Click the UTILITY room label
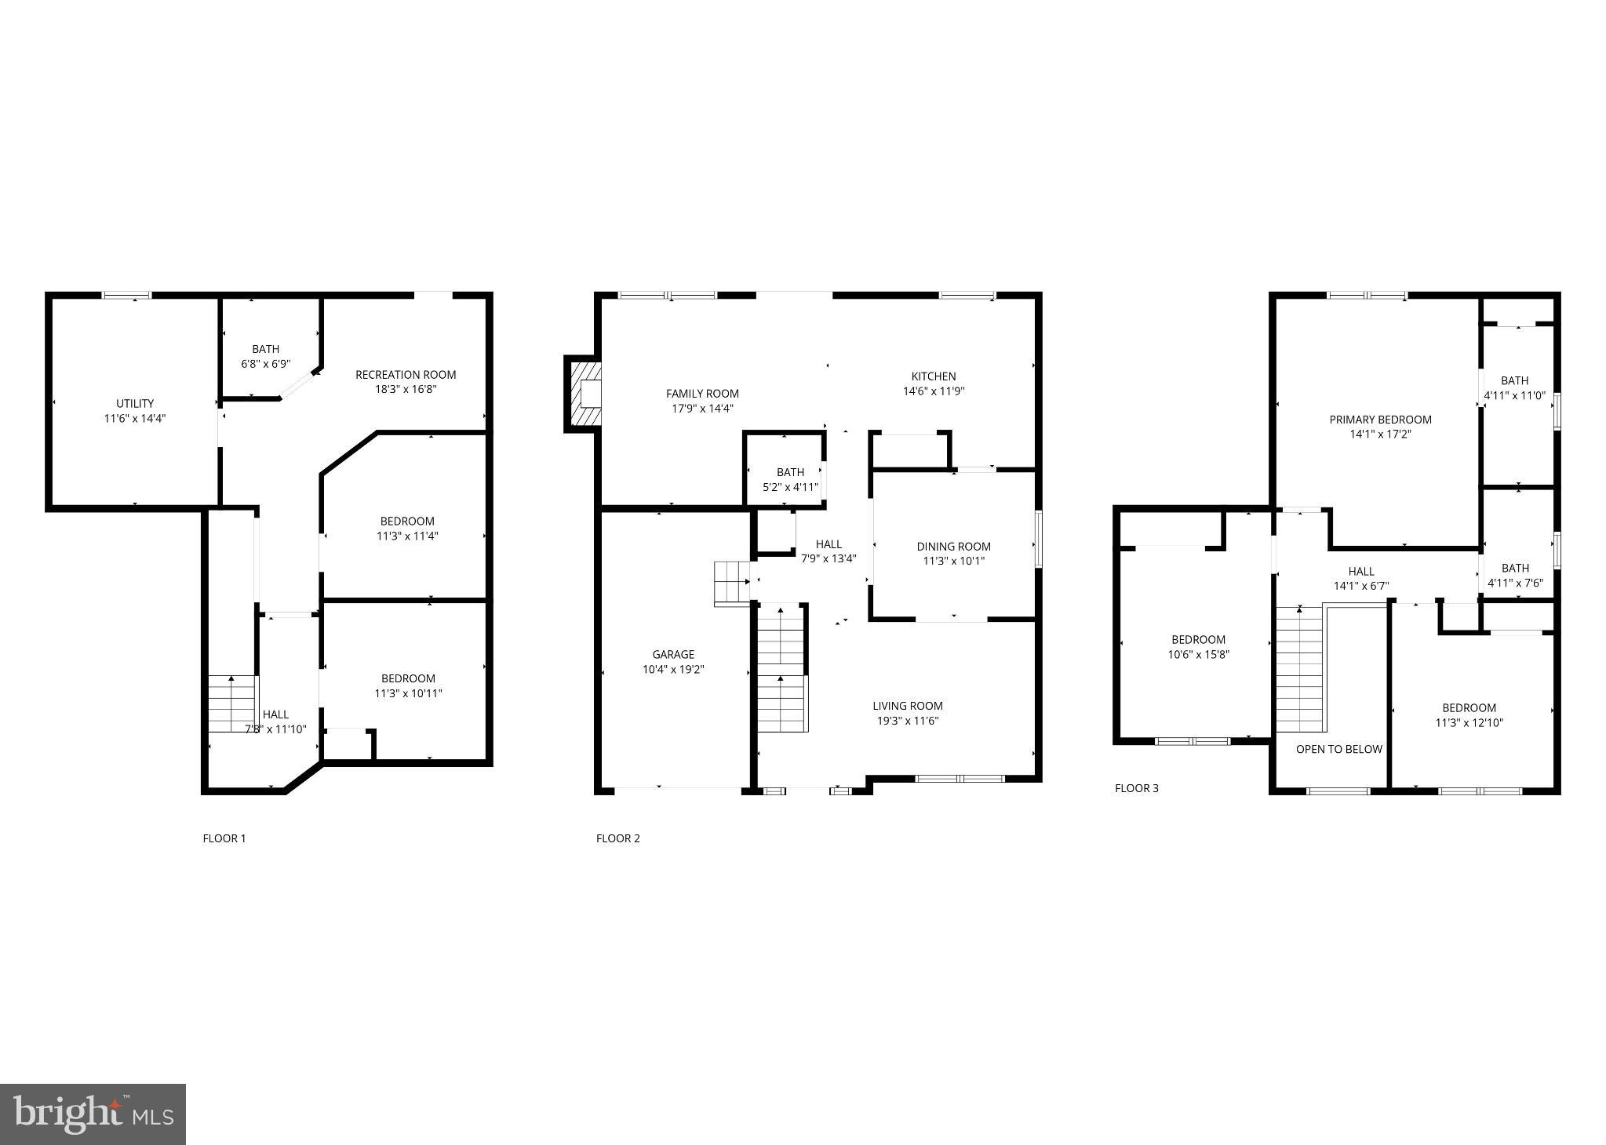tap(135, 404)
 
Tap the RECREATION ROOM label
tap(406, 375)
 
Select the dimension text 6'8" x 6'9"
tap(266, 364)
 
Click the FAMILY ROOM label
tap(702, 394)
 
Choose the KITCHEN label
tap(934, 376)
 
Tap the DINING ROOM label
tap(953, 547)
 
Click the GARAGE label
tap(673, 654)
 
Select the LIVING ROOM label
tap(908, 706)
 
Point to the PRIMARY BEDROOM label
tap(1380, 420)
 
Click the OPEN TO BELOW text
tap(1338, 749)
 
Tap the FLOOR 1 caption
tap(224, 838)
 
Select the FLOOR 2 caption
tap(618, 838)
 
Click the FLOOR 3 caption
tap(1136, 788)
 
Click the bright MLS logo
tap(93, 1114)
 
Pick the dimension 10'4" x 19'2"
tap(673, 670)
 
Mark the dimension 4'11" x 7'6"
tap(1515, 583)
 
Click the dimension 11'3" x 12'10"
tap(1469, 723)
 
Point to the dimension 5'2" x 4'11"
tap(790, 487)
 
